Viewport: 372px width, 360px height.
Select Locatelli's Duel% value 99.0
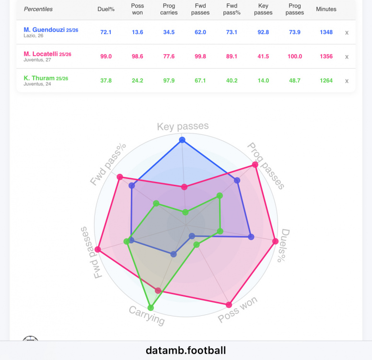pyautogui.click(x=106, y=56)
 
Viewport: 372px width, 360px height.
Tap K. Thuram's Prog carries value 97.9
pyautogui.click(x=169, y=81)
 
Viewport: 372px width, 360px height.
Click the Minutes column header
pyautogui.click(x=326, y=9)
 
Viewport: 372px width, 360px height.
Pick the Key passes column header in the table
pyautogui.click(x=263, y=9)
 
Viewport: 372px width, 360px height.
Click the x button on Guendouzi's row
pyautogui.click(x=347, y=33)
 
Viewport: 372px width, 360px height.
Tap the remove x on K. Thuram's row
pyautogui.click(x=347, y=81)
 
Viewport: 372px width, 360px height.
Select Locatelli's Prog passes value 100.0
pyautogui.click(x=294, y=56)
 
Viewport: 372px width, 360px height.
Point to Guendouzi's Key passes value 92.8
pyautogui.click(x=263, y=32)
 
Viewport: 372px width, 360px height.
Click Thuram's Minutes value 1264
pyautogui.click(x=326, y=81)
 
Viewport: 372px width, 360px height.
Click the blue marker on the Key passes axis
pyautogui.click(x=182, y=140)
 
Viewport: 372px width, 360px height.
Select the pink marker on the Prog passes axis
pyautogui.click(x=255, y=165)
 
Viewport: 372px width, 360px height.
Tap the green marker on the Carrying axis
pyautogui.click(x=151, y=308)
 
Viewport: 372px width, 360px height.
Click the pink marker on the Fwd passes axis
pyautogui.click(x=98, y=250)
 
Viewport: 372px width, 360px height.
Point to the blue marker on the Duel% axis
pyautogui.click(x=251, y=236)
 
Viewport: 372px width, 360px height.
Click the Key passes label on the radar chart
pyautogui.click(x=183, y=127)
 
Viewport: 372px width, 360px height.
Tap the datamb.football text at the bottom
pyautogui.click(x=186, y=350)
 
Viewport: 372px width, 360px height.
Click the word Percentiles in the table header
pyautogui.click(x=38, y=9)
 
